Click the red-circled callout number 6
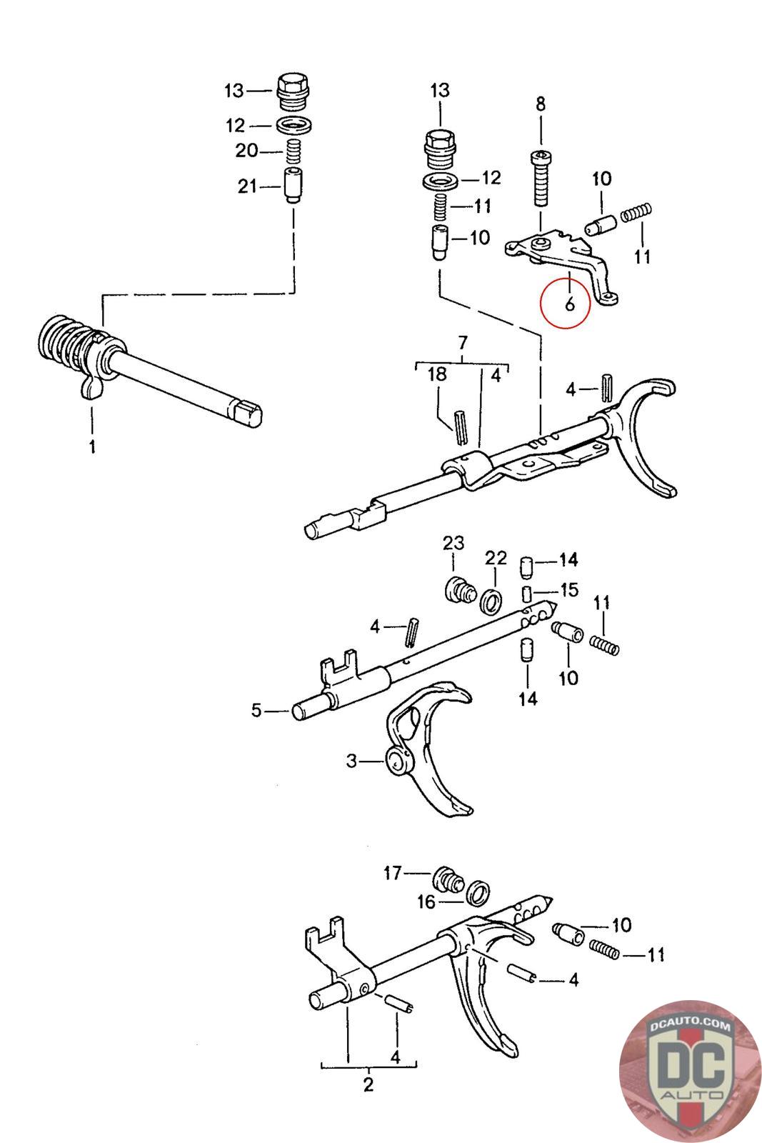click(568, 304)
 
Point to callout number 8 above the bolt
click(540, 104)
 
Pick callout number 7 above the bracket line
click(462, 341)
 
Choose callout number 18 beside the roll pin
click(437, 374)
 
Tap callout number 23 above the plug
click(453, 544)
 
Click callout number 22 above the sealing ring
click(495, 558)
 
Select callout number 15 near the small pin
click(568, 592)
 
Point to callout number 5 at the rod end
click(256, 710)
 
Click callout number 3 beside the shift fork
click(351, 762)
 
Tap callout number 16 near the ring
click(426, 902)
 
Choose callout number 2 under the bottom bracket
click(368, 1084)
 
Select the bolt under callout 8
click(541, 179)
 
